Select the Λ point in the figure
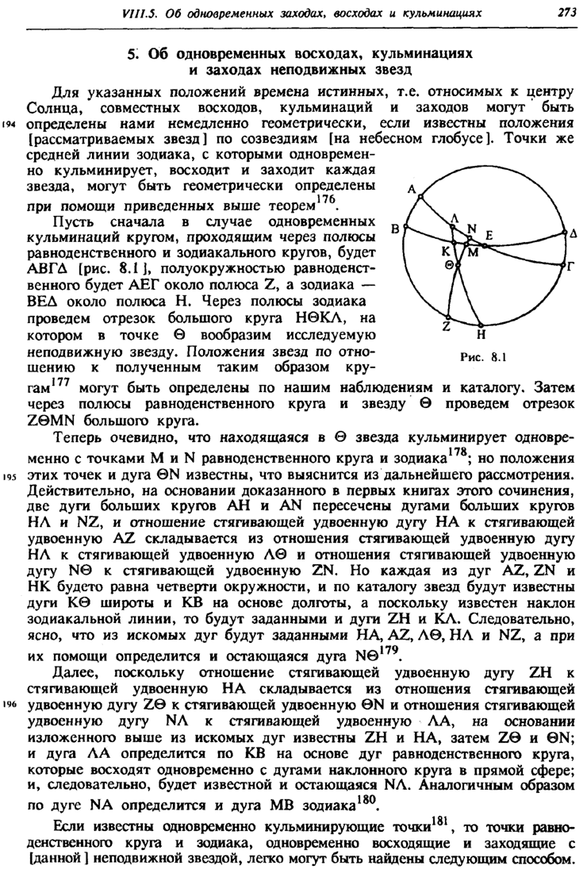[455, 218]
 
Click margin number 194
[10, 125]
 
